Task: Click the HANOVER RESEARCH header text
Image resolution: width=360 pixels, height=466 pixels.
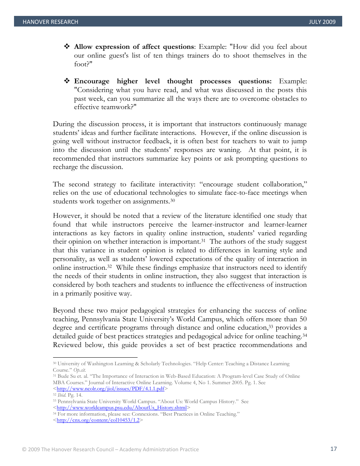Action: (x=50, y=22)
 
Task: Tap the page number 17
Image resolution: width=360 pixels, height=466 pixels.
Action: (x=333, y=449)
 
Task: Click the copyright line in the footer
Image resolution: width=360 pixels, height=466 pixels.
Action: (x=110, y=449)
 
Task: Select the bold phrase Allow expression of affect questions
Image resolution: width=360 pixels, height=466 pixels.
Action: (x=134, y=47)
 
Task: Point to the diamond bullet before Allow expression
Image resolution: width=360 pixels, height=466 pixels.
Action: (x=67, y=47)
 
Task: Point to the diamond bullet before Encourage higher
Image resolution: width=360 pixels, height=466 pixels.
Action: (x=67, y=81)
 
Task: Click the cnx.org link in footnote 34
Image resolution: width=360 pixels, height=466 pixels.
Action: (x=98, y=420)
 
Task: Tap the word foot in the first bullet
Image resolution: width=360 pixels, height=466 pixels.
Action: (x=80, y=64)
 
